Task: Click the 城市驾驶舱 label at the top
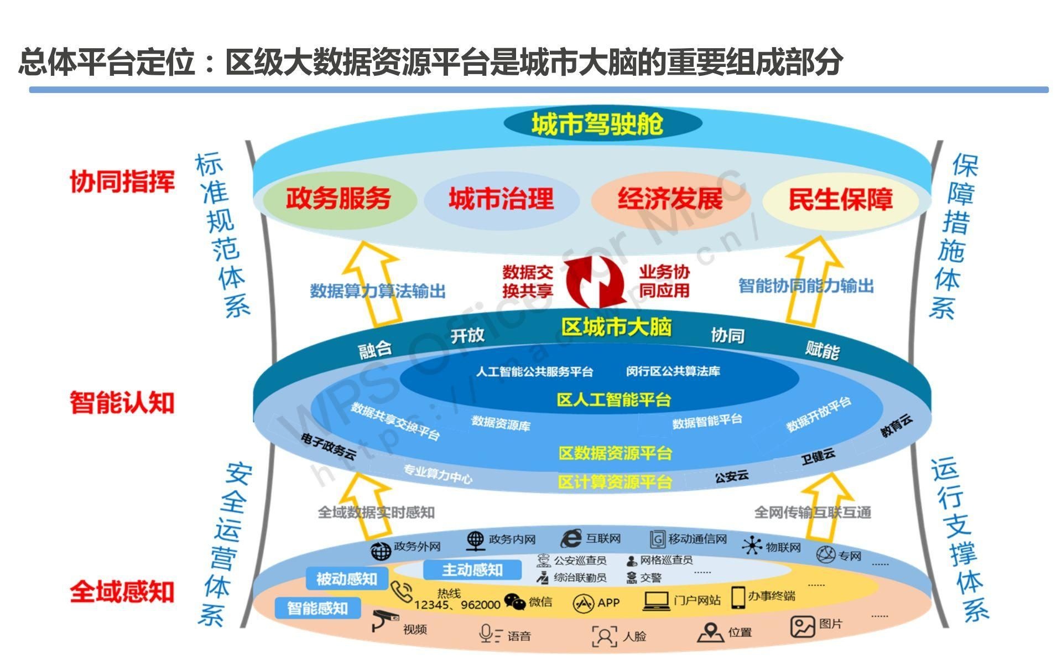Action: pos(597,123)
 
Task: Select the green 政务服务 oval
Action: pos(339,199)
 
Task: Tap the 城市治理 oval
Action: pos(501,199)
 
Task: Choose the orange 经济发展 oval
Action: pos(670,199)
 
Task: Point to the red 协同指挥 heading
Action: pos(122,181)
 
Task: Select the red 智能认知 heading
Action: pos(122,402)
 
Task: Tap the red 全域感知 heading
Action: pos(122,592)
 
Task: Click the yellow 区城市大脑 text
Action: pos(616,327)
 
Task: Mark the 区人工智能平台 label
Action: pos(614,400)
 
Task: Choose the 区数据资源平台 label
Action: pos(615,453)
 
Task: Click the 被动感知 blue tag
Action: pos(347,579)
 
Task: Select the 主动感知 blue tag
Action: pos(472,569)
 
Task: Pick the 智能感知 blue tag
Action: pos(317,609)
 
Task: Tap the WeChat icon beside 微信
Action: pos(515,602)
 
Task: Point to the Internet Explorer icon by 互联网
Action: pos(571,538)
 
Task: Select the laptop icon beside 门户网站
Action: pos(657,600)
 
